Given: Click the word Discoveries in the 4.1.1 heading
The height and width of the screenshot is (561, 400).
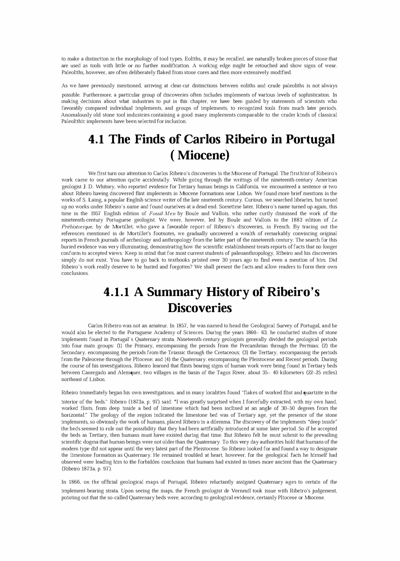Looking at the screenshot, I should coord(200,308).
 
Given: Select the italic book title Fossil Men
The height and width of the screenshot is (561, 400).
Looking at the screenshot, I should coord(160,214).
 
